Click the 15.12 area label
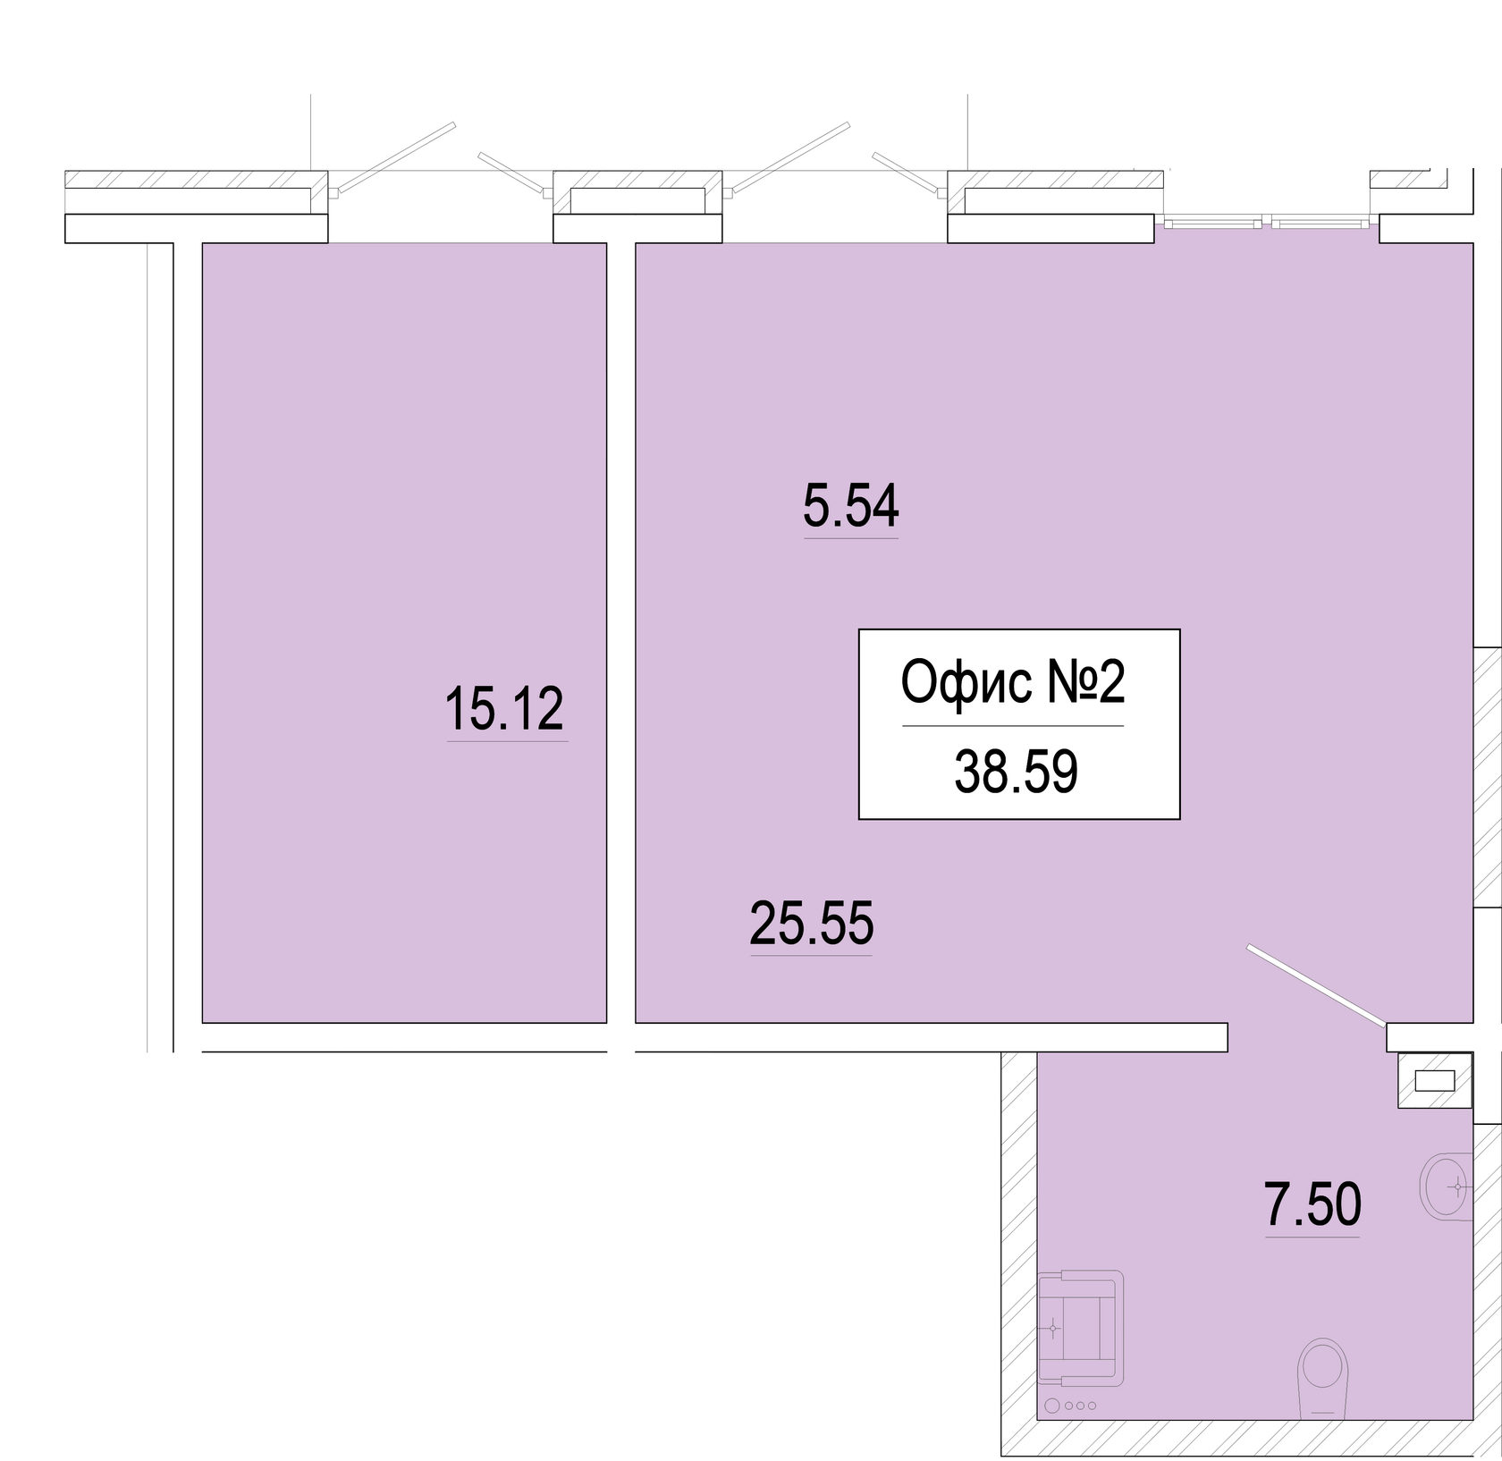(505, 709)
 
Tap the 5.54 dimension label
(850, 507)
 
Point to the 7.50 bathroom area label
(1312, 1204)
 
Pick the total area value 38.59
(1017, 773)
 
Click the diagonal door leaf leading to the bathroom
(1314, 984)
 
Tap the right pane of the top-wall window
(1321, 220)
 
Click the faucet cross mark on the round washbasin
(1458, 1187)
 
